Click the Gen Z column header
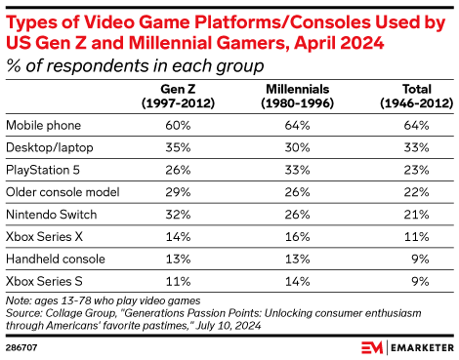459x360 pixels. pos(164,96)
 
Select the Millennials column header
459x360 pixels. pos(294,96)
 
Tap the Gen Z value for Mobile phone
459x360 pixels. pos(164,125)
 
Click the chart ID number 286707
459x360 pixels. pos(22,344)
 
